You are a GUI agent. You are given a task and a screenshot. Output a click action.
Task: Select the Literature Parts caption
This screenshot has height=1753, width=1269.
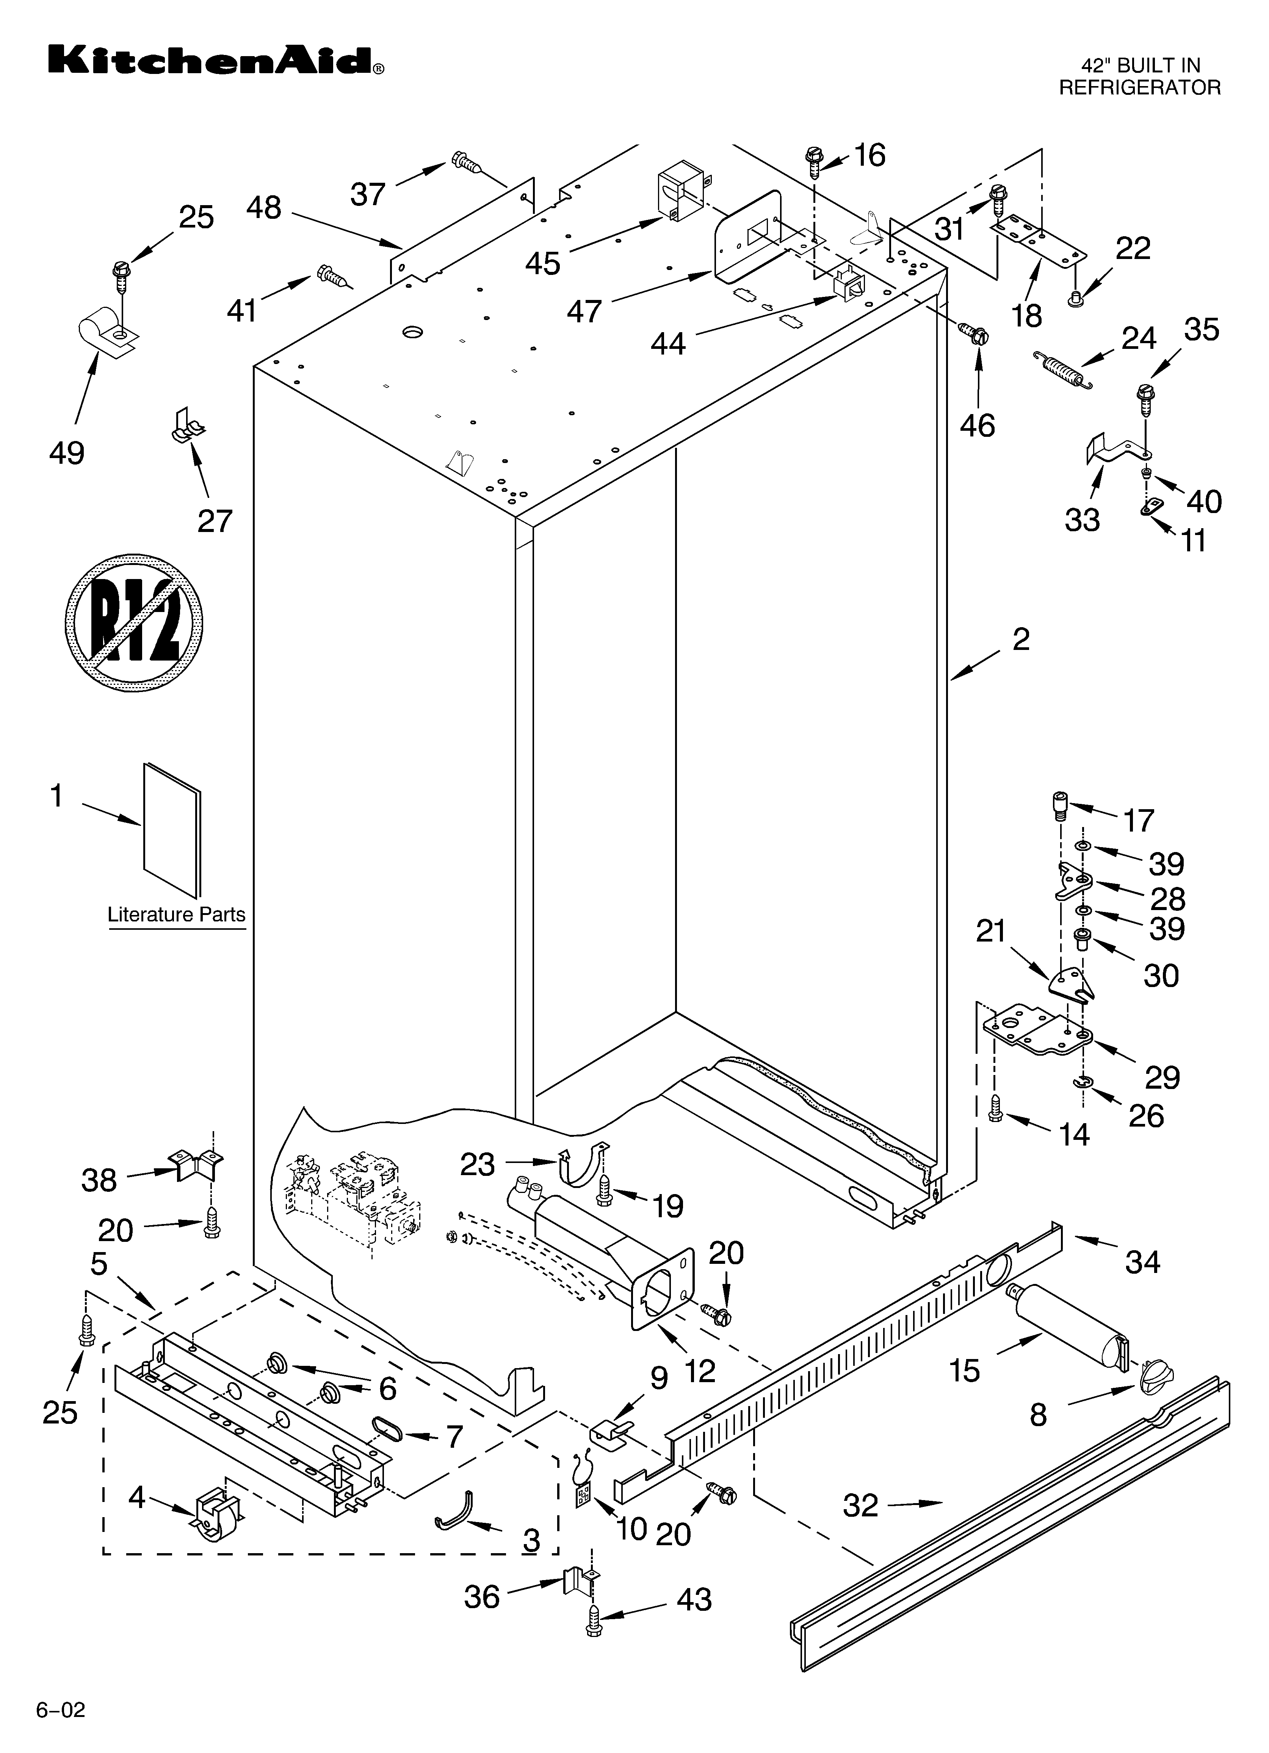pyautogui.click(x=176, y=914)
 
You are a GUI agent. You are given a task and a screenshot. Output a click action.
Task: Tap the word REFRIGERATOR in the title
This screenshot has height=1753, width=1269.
pyautogui.click(x=1139, y=87)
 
